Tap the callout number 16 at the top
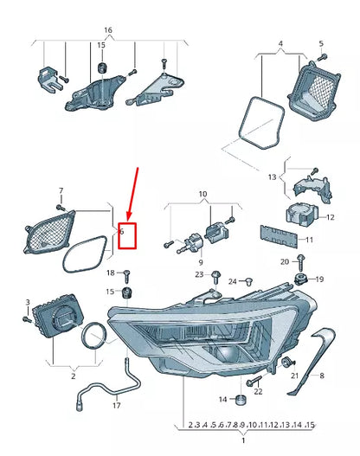107,29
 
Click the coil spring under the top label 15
102,67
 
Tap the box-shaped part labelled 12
297,215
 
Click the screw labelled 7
60,206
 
